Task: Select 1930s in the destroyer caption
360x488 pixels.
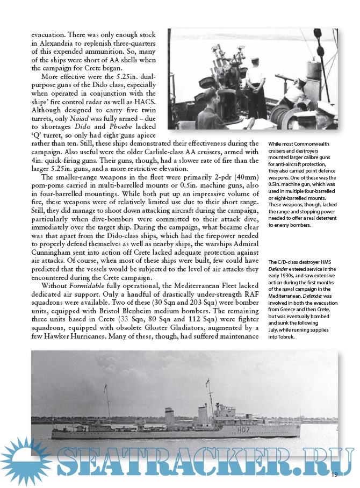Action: (x=289, y=276)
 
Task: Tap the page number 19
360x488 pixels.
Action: (x=334, y=475)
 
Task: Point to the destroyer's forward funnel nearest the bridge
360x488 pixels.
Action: (x=203, y=415)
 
